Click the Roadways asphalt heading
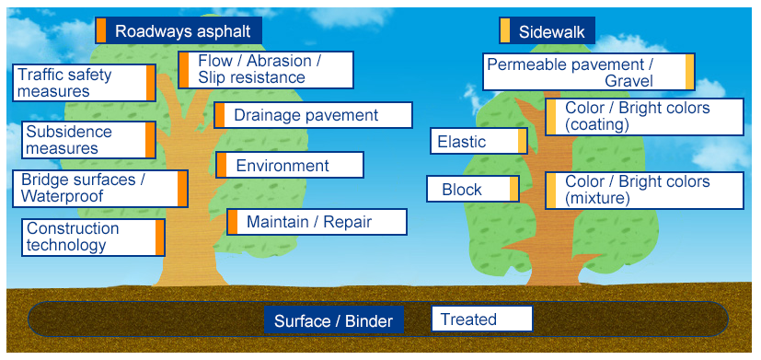(179, 30)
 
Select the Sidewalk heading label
(547, 30)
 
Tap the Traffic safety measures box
(84, 83)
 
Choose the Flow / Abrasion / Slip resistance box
(266, 70)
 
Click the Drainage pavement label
(313, 115)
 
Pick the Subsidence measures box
(89, 140)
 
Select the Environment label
(289, 165)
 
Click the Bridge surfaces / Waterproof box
(100, 189)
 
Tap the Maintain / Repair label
(317, 222)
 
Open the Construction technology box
(93, 238)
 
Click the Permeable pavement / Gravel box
(589, 72)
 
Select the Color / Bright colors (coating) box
(644, 117)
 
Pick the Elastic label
(479, 141)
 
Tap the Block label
(473, 189)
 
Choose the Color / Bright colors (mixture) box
(644, 191)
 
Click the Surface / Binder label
(334, 320)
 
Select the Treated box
(482, 319)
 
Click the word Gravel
(629, 81)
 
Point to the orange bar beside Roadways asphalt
(100, 30)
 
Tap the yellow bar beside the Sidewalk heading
(505, 30)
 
